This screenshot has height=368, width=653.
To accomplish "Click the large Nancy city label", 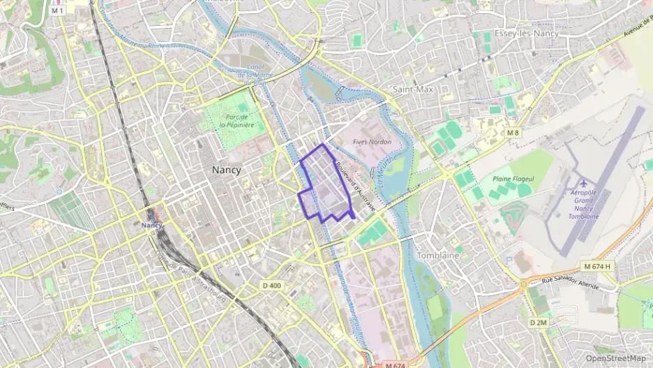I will [x=227, y=170].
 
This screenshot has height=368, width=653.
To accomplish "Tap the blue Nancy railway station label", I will [x=151, y=225].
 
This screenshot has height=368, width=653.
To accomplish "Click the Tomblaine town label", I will [x=437, y=256].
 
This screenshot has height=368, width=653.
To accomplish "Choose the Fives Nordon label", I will [x=372, y=142].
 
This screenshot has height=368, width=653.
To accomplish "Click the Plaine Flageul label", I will [x=513, y=179].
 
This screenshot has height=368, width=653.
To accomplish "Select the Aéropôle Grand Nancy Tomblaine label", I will [x=585, y=204].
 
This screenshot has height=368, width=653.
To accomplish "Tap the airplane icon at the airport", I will [x=583, y=183].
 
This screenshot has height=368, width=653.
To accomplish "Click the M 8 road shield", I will [x=513, y=133].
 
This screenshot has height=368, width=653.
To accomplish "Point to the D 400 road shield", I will [x=271, y=285].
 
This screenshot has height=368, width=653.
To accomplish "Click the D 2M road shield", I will [x=537, y=323].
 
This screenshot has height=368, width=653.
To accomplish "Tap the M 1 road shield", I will [x=58, y=11].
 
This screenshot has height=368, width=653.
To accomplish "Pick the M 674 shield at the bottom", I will [x=395, y=365].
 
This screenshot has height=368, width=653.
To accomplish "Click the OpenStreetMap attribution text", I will [x=616, y=358].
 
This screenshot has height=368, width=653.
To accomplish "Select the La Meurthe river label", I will [x=391, y=167].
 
